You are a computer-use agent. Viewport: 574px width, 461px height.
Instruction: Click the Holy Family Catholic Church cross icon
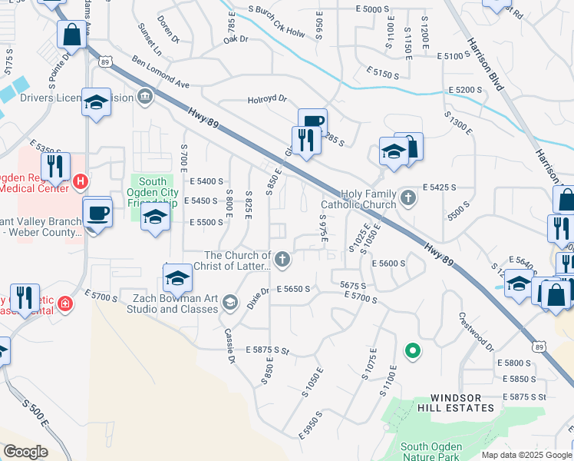[x=408, y=197]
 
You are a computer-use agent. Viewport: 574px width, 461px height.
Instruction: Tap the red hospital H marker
[x=81, y=182]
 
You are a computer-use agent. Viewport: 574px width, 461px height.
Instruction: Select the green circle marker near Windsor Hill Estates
[x=412, y=351]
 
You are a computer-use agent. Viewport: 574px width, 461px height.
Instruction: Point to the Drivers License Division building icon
[x=144, y=96]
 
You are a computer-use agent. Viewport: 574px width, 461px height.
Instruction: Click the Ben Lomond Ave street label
[x=160, y=71]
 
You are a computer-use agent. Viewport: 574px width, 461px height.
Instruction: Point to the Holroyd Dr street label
[x=266, y=99]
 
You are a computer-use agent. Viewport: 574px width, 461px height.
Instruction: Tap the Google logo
[x=25, y=452]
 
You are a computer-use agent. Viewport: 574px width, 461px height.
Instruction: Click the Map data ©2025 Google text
[x=526, y=455]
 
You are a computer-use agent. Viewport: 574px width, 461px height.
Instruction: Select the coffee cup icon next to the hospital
[x=97, y=213]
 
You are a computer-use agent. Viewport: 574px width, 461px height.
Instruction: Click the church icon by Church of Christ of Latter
[x=282, y=259]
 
